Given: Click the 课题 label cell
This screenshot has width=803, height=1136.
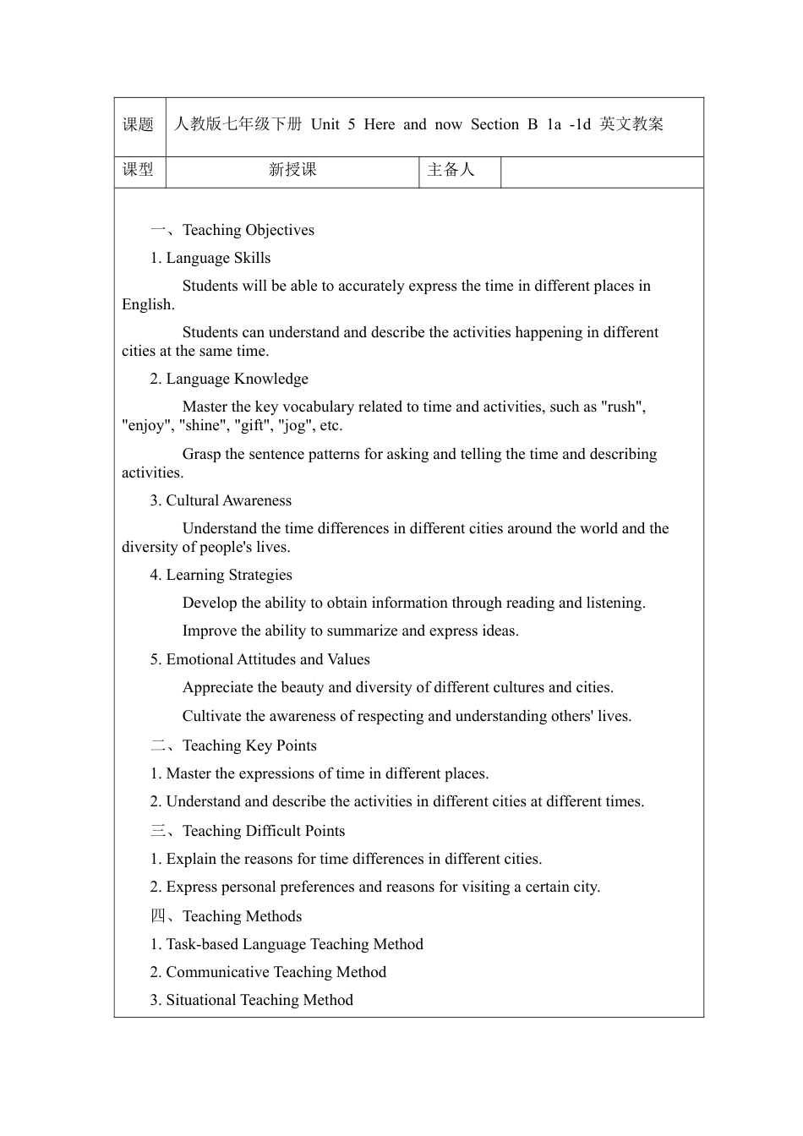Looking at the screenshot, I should (139, 125).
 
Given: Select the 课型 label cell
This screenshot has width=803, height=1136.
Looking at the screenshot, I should (139, 170).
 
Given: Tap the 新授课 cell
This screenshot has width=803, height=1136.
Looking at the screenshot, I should (292, 170).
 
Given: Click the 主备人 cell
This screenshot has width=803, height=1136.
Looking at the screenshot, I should (451, 170).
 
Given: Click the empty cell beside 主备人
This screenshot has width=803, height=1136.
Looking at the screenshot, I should (601, 171).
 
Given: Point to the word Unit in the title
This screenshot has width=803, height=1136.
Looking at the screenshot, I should (325, 125).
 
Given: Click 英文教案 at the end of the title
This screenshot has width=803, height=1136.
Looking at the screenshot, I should (631, 124).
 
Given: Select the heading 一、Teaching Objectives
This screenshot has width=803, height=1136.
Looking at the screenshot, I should (232, 230).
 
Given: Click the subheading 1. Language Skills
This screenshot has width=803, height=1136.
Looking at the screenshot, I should (210, 258).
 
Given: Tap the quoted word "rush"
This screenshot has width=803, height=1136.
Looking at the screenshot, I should (622, 407).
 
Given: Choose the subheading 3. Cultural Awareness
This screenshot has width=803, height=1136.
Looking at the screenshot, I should (221, 500).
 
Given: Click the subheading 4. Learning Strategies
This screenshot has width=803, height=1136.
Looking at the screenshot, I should (221, 575).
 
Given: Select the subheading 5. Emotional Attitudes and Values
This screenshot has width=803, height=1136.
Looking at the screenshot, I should (260, 659).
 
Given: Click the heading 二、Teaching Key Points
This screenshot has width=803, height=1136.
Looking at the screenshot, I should (234, 745).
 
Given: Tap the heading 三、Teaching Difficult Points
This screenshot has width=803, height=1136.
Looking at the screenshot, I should (248, 831).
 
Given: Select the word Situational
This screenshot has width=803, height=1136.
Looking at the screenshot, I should (201, 1000).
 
